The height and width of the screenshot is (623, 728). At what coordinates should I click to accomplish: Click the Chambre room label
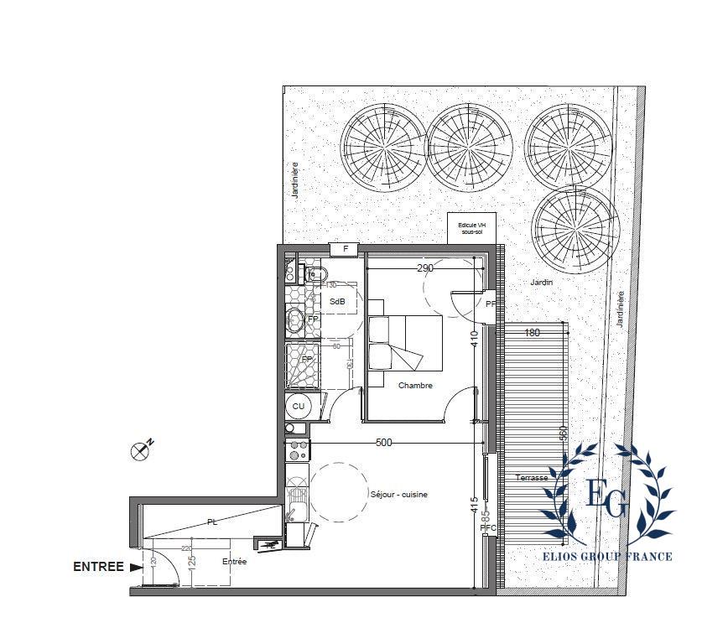pos(415,386)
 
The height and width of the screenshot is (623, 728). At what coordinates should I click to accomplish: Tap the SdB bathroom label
pos(337,302)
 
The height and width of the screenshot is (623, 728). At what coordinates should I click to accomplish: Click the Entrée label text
pos(234,562)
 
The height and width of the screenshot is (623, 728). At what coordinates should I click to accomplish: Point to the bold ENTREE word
pos(98,567)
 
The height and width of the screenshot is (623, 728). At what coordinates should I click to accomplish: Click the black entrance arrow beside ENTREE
pos(137,567)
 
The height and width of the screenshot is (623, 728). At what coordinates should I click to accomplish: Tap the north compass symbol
pos(141,451)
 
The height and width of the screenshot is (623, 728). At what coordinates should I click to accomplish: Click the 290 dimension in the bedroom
pos(424,268)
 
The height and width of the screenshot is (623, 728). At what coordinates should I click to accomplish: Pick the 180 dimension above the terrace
pos(531,333)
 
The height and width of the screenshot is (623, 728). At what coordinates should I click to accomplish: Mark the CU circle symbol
pos(298,407)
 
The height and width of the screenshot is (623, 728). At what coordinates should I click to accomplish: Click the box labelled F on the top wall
pos(345,249)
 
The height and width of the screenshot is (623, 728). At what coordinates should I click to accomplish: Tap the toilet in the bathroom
pos(316,273)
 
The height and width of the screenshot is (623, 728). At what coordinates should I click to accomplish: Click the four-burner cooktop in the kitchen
pos(298,449)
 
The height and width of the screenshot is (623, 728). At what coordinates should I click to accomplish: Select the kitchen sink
pos(296,503)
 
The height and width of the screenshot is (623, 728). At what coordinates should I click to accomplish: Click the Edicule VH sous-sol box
pos(472,227)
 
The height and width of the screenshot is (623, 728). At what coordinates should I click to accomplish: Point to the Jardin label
pos(541,283)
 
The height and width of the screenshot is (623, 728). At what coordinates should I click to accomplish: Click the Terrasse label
pos(532,478)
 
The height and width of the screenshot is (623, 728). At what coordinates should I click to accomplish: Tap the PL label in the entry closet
pos(212,522)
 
